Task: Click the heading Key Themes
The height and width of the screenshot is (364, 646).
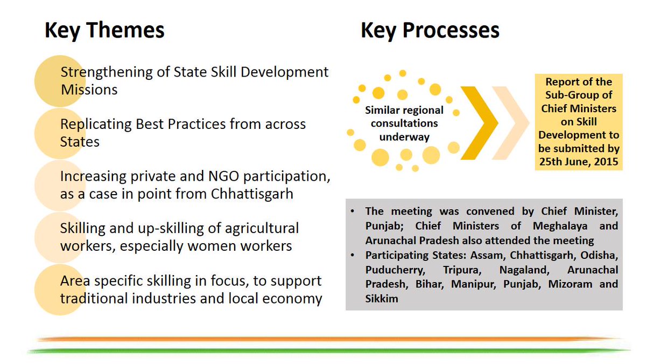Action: point(104,30)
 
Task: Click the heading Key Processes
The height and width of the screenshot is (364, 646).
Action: point(430,30)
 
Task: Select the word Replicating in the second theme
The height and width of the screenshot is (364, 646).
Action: point(96,125)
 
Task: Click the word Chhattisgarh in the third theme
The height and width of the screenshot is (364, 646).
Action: point(252,194)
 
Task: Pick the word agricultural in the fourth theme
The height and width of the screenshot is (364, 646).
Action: point(262,229)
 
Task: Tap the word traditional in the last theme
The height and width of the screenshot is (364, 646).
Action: point(94,298)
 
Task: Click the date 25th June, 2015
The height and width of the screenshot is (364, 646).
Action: point(579,162)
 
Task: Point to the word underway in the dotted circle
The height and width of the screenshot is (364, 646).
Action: point(404,137)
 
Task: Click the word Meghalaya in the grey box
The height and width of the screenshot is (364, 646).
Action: point(560,226)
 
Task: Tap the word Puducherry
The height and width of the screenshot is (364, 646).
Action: point(395,270)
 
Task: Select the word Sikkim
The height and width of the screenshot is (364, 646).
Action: point(382,299)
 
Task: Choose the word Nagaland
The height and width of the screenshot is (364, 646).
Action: point(524,270)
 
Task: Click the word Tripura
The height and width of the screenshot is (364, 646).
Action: point(462,270)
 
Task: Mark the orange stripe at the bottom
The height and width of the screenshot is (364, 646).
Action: point(329,339)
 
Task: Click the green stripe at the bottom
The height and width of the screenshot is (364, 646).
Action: point(329,351)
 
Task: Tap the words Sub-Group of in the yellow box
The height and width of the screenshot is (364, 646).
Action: point(579,95)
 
